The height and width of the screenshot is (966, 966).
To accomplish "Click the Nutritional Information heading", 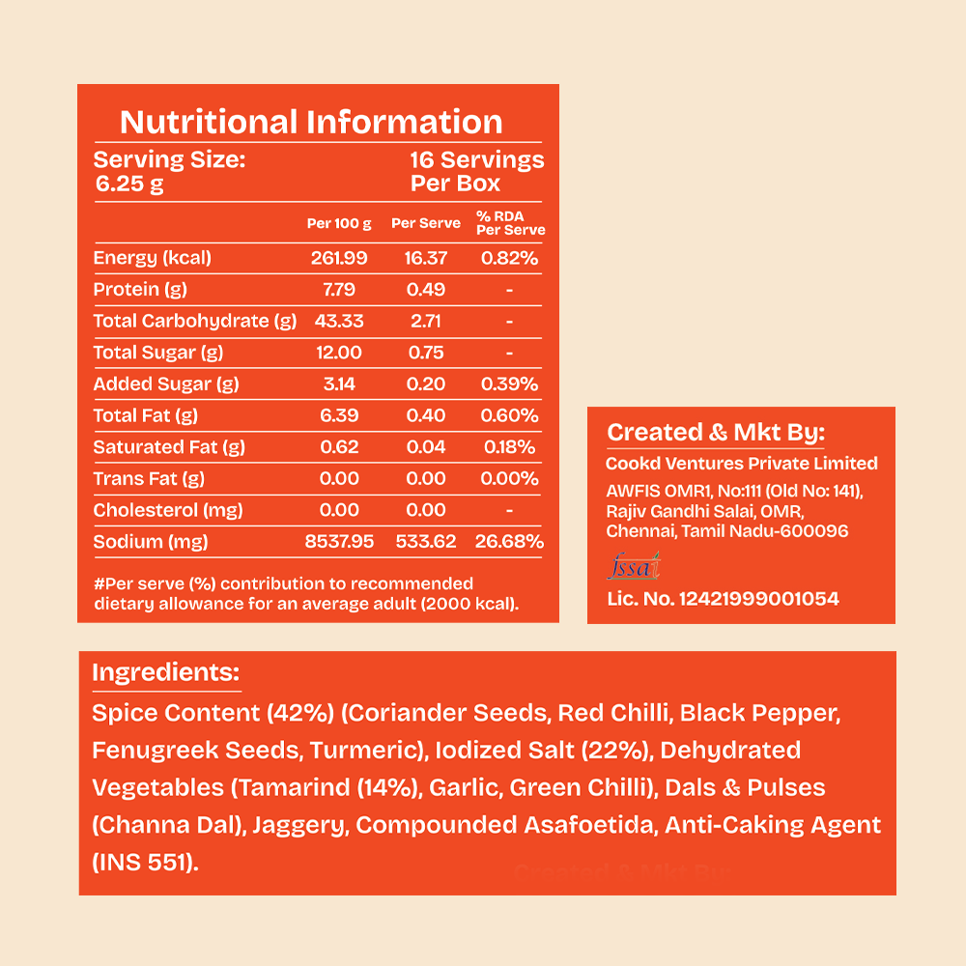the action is (311, 122).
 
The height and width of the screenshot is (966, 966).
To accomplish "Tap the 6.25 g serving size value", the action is (129, 185).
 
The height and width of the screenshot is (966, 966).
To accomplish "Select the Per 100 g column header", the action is (339, 224).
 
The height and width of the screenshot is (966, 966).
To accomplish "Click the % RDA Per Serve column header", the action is (511, 223).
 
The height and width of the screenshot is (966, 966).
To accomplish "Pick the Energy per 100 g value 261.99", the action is (339, 258).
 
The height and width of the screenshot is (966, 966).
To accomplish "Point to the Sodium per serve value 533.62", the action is (426, 542).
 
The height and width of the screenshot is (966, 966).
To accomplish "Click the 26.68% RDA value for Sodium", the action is (509, 542).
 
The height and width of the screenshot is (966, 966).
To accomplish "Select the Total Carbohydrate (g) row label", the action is (195, 321).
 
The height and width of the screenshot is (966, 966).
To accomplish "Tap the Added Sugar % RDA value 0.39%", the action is (509, 384).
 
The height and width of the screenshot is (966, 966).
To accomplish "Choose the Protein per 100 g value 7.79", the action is (339, 290).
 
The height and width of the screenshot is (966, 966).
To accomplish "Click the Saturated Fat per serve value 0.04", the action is (426, 447).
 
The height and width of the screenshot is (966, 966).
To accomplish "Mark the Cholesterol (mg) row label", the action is (167, 510).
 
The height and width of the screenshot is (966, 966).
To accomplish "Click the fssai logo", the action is (634, 566).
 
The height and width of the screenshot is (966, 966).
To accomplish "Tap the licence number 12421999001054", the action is (759, 599).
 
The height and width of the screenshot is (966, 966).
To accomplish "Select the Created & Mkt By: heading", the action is (716, 433).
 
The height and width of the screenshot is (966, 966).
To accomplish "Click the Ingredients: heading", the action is (166, 672).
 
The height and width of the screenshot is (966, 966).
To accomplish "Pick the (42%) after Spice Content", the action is (300, 714).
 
